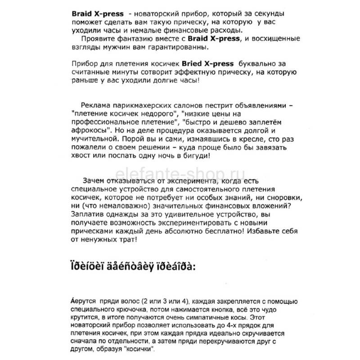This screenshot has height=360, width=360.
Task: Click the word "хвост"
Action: click(x=81, y=155)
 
